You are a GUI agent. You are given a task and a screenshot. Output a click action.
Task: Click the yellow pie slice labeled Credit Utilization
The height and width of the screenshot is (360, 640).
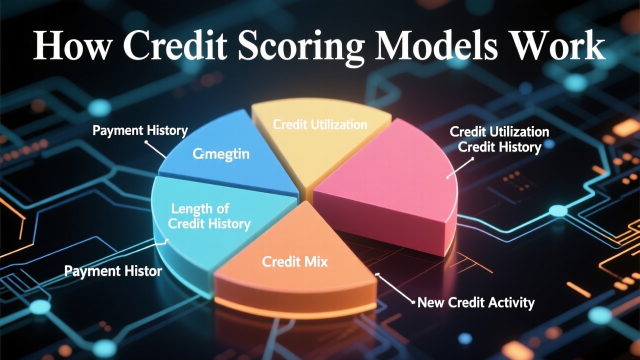pos(320,140)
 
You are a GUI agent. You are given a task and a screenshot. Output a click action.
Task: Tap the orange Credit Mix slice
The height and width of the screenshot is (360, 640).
pos(295,270)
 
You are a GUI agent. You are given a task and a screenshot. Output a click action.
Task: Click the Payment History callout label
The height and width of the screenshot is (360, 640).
pos(140,131)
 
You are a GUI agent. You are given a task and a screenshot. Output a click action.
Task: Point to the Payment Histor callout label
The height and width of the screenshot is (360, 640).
pos(113,271)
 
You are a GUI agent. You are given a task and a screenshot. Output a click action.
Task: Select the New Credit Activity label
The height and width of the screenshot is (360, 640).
pos(476,302)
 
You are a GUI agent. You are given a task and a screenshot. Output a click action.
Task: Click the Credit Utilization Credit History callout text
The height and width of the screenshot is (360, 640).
pos(499,139)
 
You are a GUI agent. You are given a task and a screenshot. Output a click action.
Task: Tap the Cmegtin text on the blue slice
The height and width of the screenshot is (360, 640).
pos(221,154)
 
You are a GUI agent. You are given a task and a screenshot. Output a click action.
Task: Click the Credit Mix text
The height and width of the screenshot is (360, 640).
pos(295,261)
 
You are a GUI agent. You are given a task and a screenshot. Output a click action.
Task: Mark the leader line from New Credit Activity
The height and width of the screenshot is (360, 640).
pos(395,288)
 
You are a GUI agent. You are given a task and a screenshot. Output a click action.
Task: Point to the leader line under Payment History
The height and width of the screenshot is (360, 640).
pos(156,149)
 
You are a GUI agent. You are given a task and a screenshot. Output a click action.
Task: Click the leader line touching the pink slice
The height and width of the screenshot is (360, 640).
pos(460,167)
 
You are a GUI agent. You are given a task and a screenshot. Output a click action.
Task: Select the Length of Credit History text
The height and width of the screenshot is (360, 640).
pos(209,216)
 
